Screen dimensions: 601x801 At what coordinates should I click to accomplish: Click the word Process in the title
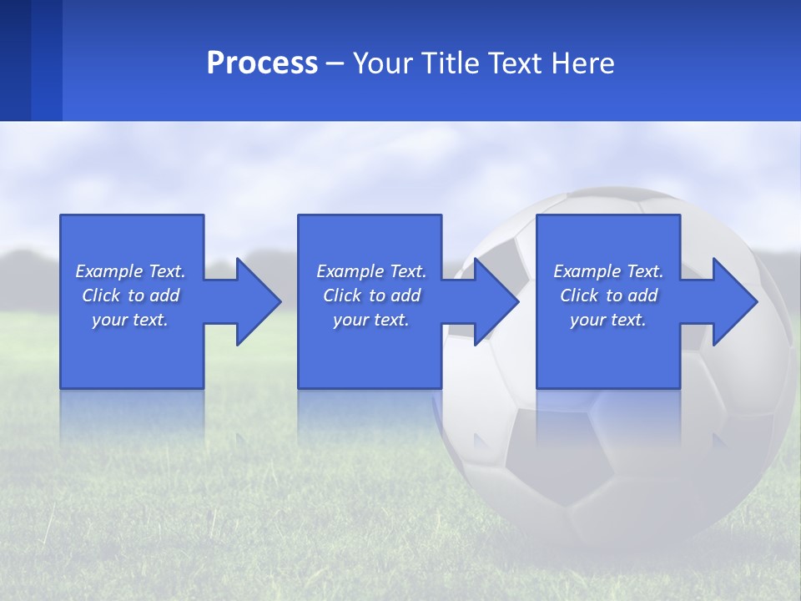click(x=262, y=63)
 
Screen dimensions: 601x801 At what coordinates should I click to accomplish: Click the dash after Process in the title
click(x=335, y=64)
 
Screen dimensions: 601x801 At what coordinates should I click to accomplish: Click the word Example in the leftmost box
click(x=109, y=271)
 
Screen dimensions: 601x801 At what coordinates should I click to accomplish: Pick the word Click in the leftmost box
click(x=101, y=295)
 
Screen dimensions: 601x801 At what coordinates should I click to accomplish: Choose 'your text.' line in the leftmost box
click(x=130, y=320)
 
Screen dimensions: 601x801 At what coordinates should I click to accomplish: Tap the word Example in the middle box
click(x=350, y=271)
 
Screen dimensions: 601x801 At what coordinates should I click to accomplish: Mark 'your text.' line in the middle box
click(x=370, y=320)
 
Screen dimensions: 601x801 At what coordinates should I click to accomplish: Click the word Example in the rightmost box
click(x=587, y=271)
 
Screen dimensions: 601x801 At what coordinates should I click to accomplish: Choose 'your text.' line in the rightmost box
click(x=608, y=320)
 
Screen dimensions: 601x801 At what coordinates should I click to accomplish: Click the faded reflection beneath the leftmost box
click(x=132, y=417)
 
